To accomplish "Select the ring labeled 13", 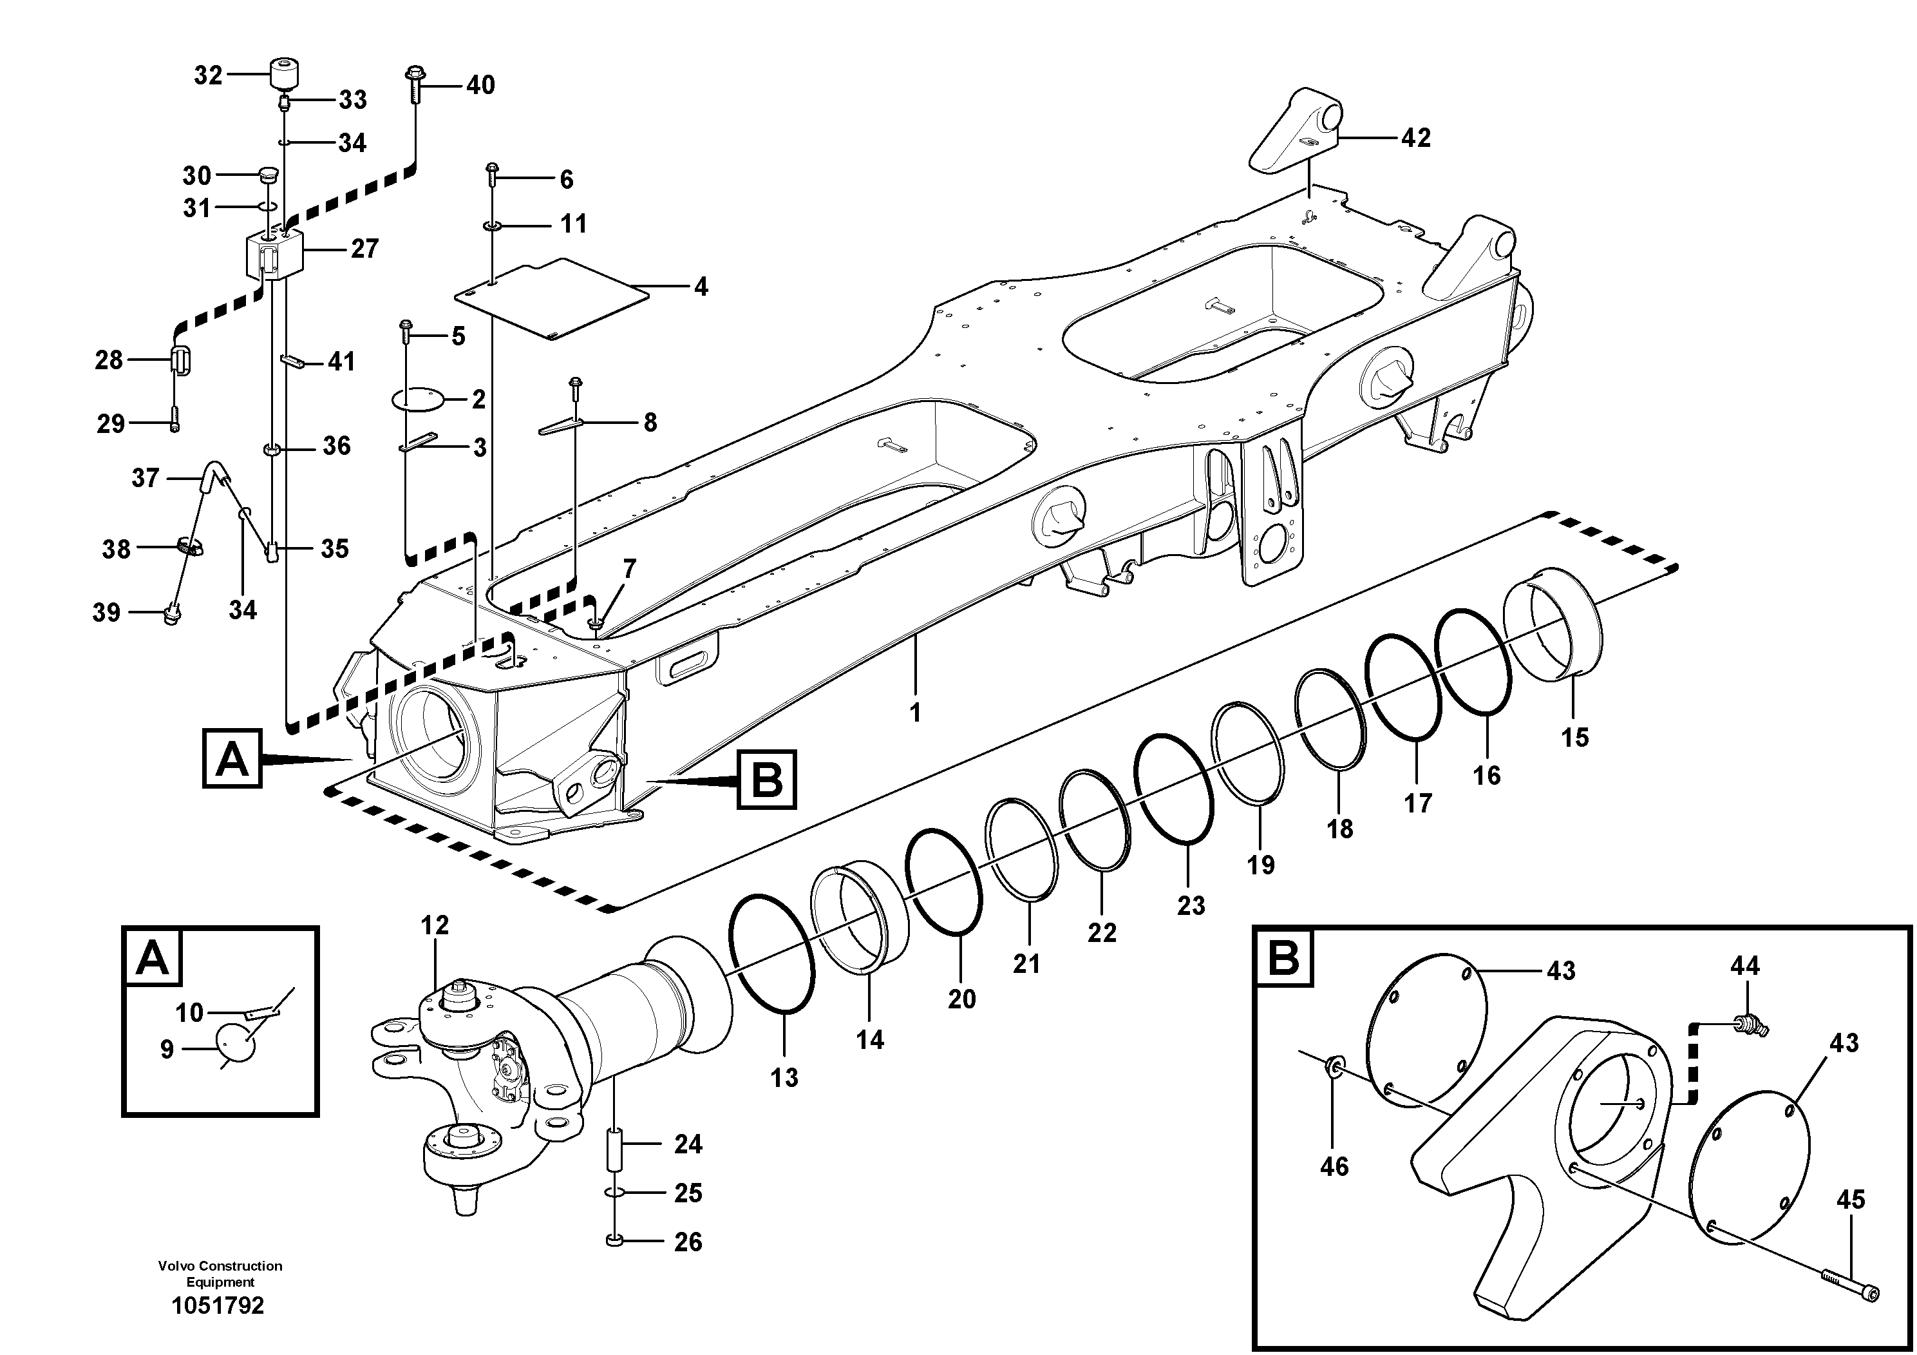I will [x=771, y=952].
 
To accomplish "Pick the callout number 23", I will [x=1191, y=905].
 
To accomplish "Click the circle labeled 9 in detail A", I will [x=236, y=1044].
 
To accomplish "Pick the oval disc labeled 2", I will [x=419, y=399].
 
